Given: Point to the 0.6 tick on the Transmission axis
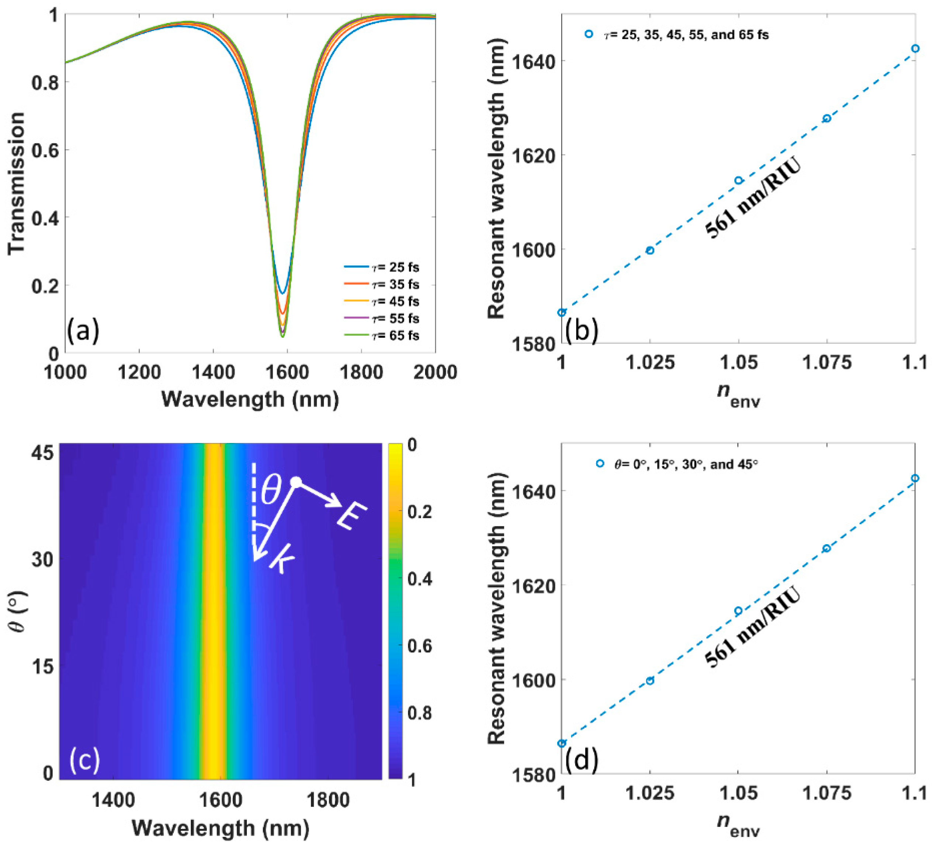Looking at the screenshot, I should click(45, 150).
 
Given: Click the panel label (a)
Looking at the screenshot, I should click(83, 331).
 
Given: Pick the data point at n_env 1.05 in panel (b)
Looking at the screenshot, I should click(738, 181).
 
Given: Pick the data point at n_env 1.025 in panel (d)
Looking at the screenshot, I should click(650, 681).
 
